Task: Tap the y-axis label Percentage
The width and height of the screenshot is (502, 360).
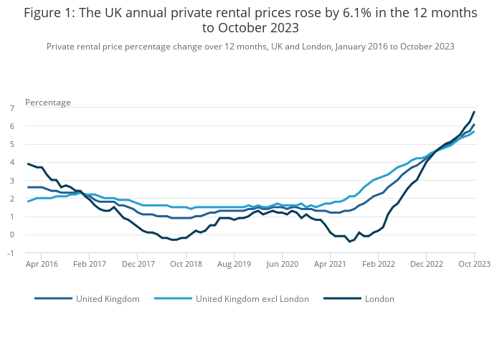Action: tap(48, 103)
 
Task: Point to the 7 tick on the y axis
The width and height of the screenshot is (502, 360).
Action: tap(12, 108)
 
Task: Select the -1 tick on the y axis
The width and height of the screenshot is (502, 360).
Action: tap(11, 252)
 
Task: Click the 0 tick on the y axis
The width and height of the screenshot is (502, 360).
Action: tap(12, 235)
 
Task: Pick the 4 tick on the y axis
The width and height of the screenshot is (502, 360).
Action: tap(12, 162)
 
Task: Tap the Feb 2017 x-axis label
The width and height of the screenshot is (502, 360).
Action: tap(90, 264)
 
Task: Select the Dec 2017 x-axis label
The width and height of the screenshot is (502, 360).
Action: tap(138, 264)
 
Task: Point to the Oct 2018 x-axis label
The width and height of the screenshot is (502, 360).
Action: tap(186, 264)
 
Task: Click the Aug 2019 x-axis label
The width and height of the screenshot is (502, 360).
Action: tap(235, 264)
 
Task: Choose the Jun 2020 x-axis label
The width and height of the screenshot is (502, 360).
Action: tap(283, 264)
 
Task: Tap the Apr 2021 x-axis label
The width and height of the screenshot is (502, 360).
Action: tap(331, 264)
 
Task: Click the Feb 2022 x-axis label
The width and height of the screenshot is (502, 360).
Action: tap(379, 264)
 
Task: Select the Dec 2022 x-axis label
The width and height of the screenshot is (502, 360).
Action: tap(427, 264)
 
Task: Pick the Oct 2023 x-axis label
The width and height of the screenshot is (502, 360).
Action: tap(474, 264)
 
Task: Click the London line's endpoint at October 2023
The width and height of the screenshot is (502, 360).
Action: tap(474, 112)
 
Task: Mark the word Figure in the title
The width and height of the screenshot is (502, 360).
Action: tap(43, 13)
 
